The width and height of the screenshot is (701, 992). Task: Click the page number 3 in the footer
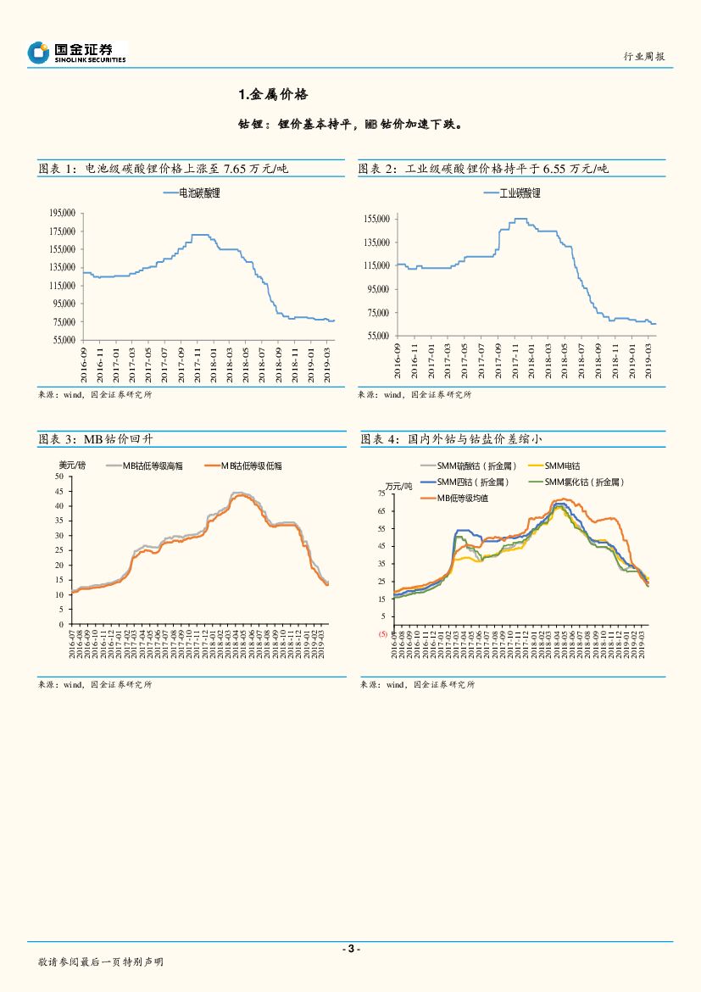(x=350, y=948)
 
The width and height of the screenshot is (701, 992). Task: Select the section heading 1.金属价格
(x=266, y=94)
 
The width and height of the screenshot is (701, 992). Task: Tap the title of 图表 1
(x=164, y=169)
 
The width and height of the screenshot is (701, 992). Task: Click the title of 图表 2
(x=483, y=169)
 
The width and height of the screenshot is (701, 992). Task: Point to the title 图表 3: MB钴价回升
(x=96, y=439)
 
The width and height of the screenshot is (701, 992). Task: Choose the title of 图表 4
(x=451, y=439)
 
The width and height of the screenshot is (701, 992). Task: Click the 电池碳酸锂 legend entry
(x=196, y=193)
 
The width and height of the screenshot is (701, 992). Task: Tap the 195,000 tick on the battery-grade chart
(x=64, y=213)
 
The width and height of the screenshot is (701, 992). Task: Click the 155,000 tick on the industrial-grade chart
(x=376, y=219)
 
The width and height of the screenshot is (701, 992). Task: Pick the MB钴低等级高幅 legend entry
(x=153, y=465)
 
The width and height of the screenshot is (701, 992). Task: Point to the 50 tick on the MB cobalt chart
(x=58, y=476)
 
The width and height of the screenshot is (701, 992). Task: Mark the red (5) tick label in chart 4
(x=381, y=633)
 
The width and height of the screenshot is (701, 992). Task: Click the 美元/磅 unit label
(x=72, y=465)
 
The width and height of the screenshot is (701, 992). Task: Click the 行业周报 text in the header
(x=644, y=56)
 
